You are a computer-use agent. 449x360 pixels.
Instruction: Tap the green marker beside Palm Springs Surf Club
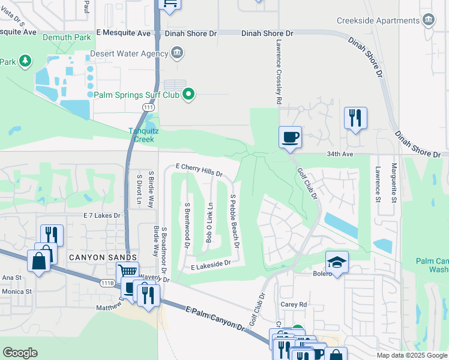pyautogui.click(x=188, y=94)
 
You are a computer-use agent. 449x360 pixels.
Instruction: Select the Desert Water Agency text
pyautogui.click(x=128, y=53)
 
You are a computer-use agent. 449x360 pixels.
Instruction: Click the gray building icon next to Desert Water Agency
pyautogui.click(x=177, y=53)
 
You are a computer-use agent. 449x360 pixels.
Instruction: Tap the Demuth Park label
pyautogui.click(x=67, y=37)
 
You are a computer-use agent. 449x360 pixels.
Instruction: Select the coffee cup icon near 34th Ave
pyautogui.click(x=290, y=137)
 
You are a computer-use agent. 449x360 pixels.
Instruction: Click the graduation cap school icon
pyautogui.click(x=337, y=262)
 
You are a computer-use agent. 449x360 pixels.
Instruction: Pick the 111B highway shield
pyautogui.click(x=106, y=283)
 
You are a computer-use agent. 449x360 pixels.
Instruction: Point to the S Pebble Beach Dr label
pyautogui.click(x=235, y=221)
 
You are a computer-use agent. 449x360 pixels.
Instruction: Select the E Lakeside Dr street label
pyautogui.click(x=211, y=264)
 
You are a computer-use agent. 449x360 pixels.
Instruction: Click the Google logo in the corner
pyautogui.click(x=20, y=353)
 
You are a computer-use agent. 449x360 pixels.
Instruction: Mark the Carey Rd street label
pyautogui.click(x=294, y=305)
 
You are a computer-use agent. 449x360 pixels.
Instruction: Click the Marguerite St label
pyautogui.click(x=394, y=182)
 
